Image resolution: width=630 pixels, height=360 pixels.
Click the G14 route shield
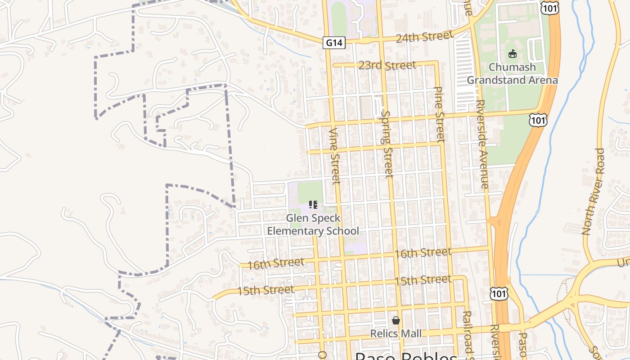(x=334, y=43)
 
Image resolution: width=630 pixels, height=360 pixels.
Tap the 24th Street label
(x=424, y=36)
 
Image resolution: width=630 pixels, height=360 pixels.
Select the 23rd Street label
(x=387, y=66)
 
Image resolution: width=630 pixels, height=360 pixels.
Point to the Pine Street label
(x=440, y=114)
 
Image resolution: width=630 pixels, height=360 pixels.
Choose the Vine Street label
(x=335, y=156)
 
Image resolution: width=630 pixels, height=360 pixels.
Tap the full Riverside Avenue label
(x=481, y=144)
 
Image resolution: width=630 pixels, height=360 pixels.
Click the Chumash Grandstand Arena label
(x=512, y=74)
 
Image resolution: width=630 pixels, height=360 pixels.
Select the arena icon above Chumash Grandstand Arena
(x=512, y=54)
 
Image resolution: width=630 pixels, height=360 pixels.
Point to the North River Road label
(x=594, y=191)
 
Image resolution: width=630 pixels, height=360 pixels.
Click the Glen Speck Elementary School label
(x=313, y=225)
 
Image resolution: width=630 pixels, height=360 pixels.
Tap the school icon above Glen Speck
(x=313, y=205)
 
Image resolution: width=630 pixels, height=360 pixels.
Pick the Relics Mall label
(x=396, y=333)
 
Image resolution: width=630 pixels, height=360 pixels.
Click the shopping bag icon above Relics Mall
(x=396, y=320)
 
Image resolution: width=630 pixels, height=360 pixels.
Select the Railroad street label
(x=468, y=333)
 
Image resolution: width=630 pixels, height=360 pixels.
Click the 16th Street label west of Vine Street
(x=276, y=263)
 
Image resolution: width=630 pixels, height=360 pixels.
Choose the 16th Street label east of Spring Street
(x=423, y=253)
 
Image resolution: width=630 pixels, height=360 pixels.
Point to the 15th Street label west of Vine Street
(x=266, y=290)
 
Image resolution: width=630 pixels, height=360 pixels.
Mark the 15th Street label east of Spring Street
(x=423, y=280)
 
